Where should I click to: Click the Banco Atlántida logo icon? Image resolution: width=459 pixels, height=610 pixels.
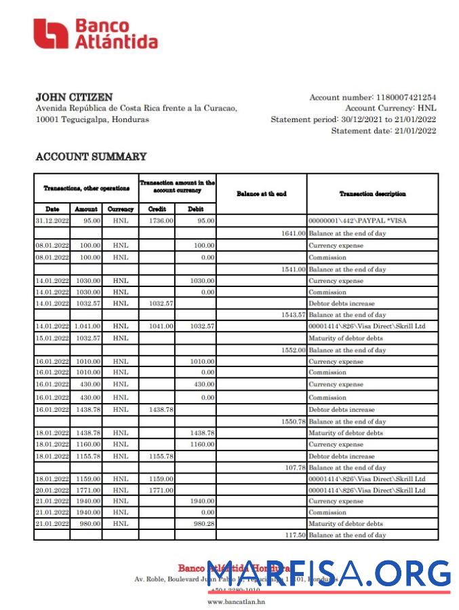coord(51,34)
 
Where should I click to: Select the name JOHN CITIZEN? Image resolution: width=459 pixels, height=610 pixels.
coord(74,97)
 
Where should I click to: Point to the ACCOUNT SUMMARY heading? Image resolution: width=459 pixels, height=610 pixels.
coord(91,157)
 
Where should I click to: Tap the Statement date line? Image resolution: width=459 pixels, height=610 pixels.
coord(383,131)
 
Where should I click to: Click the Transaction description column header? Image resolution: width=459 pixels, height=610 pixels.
coord(372,193)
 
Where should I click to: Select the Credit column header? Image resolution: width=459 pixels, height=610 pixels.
coord(157,209)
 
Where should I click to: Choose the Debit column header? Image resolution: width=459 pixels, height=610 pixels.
coord(195,209)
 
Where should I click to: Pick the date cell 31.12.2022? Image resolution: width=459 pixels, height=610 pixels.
coord(52,221)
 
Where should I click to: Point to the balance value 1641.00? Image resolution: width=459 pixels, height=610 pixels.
coord(292,233)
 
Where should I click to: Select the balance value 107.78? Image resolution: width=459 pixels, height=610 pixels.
coord(294,468)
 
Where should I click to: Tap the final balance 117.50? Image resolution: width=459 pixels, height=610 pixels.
coord(294,535)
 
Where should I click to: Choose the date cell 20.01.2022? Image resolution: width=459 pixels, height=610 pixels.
coord(52,490)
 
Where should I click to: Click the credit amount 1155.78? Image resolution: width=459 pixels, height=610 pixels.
coord(161,457)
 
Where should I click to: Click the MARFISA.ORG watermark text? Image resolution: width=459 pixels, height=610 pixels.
coord(328,575)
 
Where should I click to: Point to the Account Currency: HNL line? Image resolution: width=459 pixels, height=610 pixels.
coord(391,109)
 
